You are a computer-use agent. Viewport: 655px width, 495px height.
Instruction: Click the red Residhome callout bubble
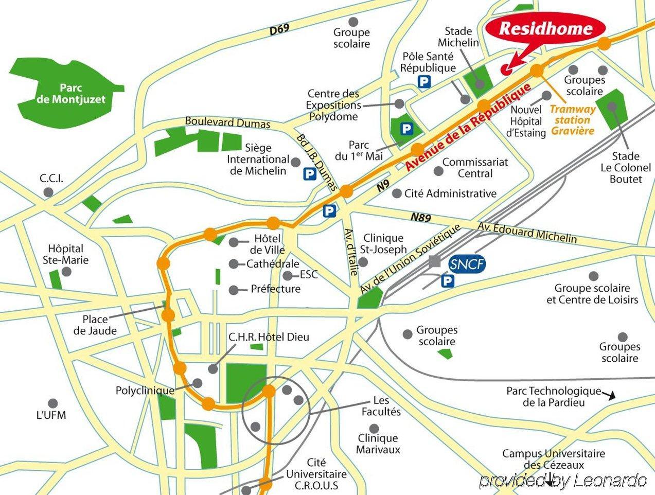click(546, 29)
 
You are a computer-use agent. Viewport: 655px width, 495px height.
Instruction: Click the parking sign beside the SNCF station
click(449, 281)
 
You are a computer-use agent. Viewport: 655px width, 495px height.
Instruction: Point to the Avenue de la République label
click(467, 128)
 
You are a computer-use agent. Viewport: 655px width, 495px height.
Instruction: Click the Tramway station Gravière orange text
click(573, 120)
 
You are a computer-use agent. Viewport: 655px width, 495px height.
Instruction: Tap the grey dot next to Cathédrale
click(234, 264)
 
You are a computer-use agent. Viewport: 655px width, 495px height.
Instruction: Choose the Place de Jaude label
click(95, 325)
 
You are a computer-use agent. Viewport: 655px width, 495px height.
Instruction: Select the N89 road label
click(420, 218)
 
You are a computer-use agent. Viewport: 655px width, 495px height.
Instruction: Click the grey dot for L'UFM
click(51, 403)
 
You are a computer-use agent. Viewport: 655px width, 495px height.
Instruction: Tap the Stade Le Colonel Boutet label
click(626, 167)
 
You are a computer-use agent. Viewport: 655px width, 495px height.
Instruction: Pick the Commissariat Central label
click(475, 168)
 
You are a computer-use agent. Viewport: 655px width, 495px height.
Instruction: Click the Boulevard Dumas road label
click(227, 123)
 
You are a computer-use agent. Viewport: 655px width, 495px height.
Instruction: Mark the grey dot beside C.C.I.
click(49, 192)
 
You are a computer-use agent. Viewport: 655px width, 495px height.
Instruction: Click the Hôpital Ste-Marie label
click(65, 253)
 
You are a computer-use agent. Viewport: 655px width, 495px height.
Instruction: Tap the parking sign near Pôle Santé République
click(424, 82)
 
